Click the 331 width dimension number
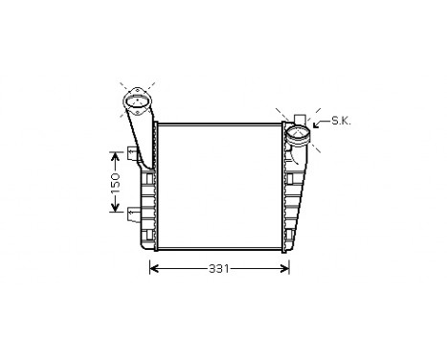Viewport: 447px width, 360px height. [x=219, y=270]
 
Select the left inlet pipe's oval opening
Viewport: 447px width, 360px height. [x=137, y=101]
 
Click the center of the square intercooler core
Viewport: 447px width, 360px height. [x=219, y=187]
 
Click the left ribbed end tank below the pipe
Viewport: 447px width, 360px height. [x=147, y=211]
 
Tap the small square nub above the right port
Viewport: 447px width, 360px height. [x=298, y=114]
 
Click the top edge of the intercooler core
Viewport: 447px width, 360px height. [x=219, y=124]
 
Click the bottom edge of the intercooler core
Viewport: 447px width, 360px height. [x=219, y=251]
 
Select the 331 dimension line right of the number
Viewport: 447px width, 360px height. [x=258, y=270]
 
